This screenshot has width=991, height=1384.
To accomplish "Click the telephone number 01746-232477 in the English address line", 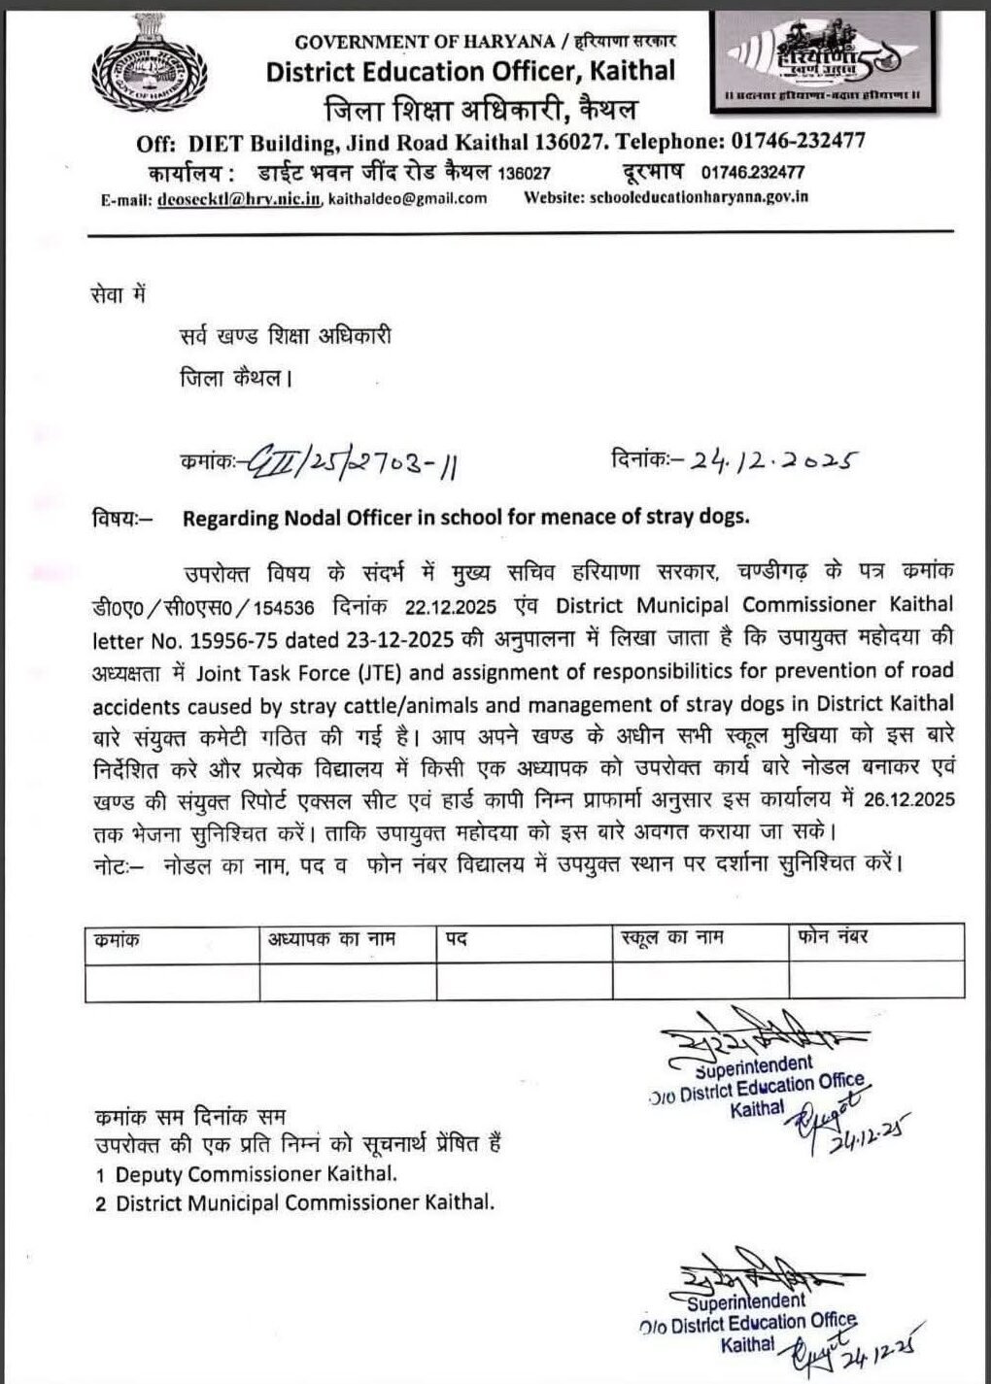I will click(794, 141).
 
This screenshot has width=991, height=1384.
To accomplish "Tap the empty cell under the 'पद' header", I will click(524, 981).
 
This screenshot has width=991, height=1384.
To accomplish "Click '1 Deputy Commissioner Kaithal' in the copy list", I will click(247, 1174).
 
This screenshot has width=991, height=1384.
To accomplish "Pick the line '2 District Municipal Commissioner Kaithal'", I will click(295, 1203).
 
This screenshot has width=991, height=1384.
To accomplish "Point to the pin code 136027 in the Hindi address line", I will click(524, 173).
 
